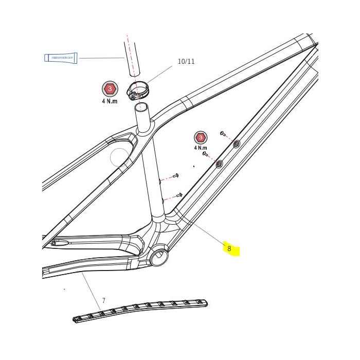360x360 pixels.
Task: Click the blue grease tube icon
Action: point(61,58)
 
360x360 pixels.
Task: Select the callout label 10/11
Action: point(186,61)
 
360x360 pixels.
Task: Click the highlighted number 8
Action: point(230,249)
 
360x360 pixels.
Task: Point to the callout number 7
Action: point(103,300)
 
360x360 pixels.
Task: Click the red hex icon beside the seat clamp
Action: point(110,88)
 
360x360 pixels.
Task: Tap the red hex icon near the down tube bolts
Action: point(200,137)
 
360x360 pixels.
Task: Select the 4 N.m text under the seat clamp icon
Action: point(110,101)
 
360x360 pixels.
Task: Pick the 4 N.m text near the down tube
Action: point(200,148)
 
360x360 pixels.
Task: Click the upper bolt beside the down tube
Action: point(223,133)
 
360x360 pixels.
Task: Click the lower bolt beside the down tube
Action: point(205,153)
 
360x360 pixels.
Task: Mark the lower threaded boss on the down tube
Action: point(219,164)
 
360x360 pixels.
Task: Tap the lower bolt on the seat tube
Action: point(178,194)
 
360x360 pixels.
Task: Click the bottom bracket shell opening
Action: point(159,255)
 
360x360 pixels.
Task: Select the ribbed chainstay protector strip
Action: point(140,311)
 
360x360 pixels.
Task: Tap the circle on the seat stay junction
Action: point(120,156)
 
